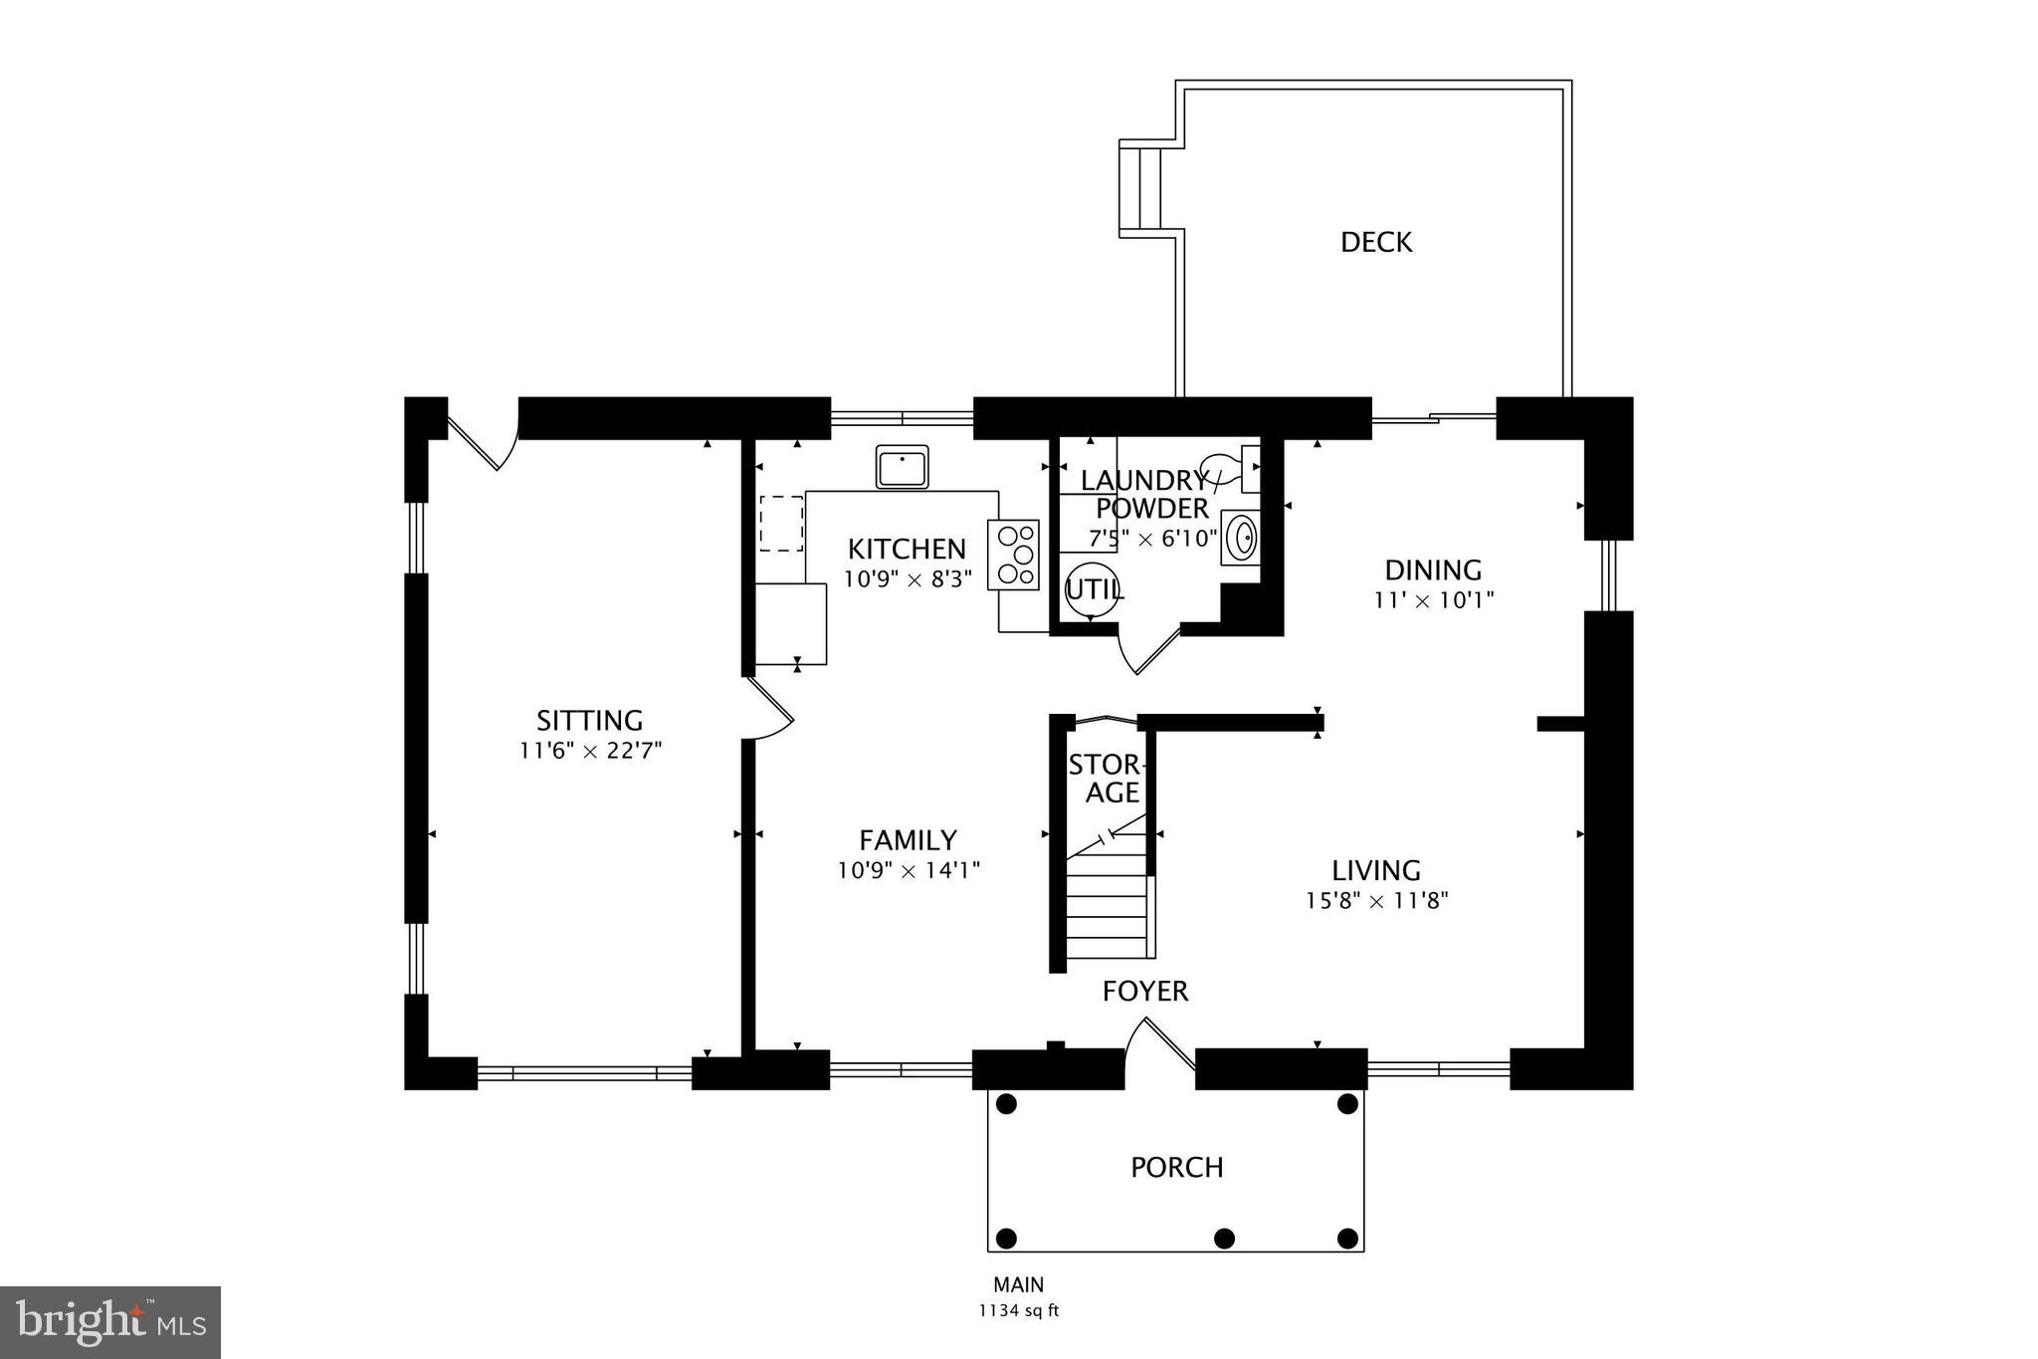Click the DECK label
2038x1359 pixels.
pos(1375,242)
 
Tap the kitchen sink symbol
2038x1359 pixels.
pos(902,466)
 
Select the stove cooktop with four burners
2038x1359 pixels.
pos(1013,555)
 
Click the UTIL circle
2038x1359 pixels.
pos(1091,589)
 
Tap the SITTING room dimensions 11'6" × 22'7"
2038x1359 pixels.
pos(590,751)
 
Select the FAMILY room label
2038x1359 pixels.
pos(908,839)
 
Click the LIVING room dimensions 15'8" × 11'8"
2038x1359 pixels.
pos(1376,901)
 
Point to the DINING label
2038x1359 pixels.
pos(1433,570)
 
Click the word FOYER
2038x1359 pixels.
pos(1144,991)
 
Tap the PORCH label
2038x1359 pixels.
pos(1176,1167)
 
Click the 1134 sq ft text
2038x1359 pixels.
pos(1018,1311)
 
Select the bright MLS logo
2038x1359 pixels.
pos(110,1322)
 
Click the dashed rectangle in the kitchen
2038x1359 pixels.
pos(781,524)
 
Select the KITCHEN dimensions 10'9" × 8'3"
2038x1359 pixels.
pos(907,579)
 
